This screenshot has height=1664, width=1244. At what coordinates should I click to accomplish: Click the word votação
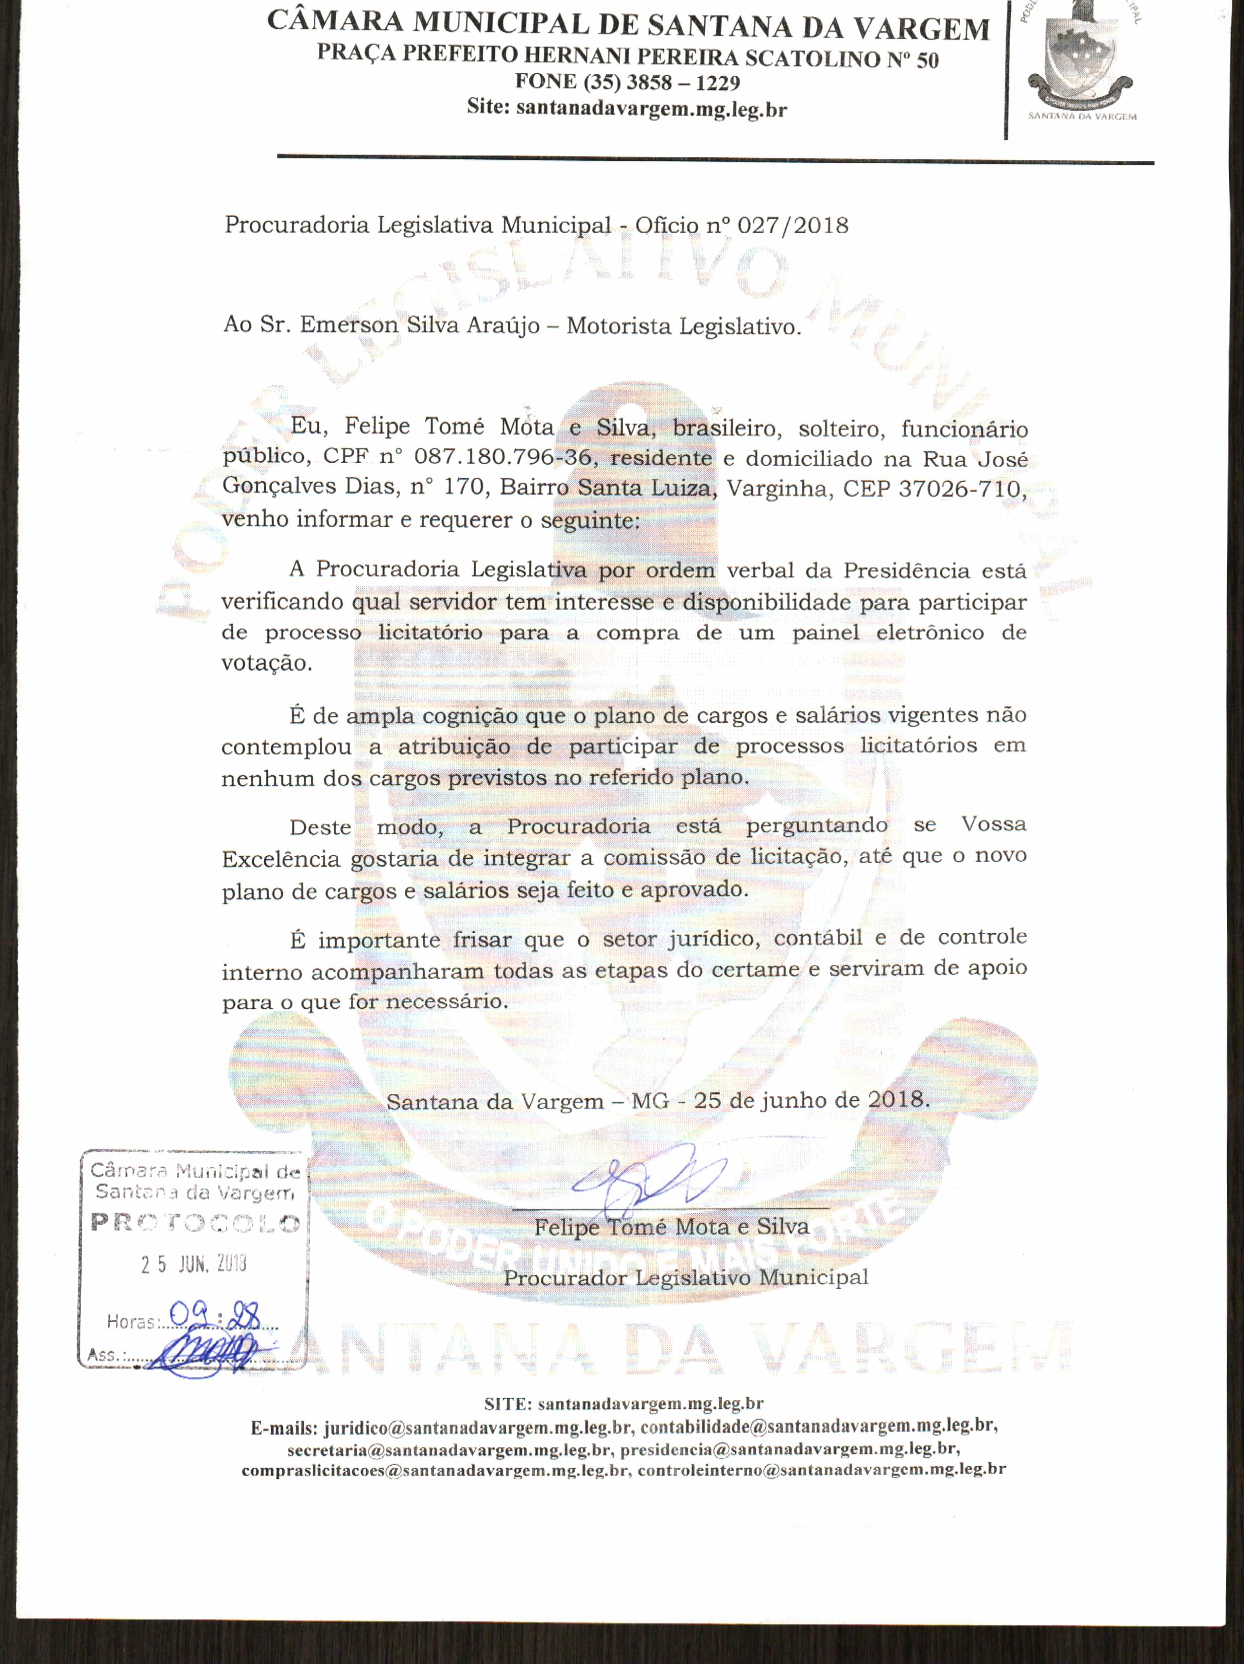tap(266, 663)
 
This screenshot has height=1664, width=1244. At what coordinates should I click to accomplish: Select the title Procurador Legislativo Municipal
tap(686, 1277)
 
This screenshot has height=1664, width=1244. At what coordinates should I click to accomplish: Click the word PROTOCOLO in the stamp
tap(195, 1222)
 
